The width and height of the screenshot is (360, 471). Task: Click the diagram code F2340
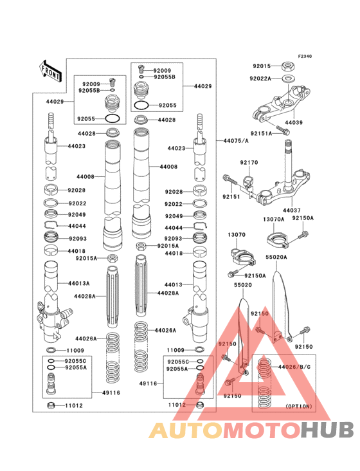point(304,57)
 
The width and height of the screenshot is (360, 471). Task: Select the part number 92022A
point(261,78)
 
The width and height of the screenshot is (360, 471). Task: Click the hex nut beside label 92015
point(288,66)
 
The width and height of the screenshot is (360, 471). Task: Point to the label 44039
point(293,122)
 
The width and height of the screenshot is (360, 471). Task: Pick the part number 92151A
point(260,133)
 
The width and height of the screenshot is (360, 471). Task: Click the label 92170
point(249,163)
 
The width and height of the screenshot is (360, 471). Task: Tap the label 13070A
point(273,219)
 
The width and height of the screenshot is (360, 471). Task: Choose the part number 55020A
point(278,256)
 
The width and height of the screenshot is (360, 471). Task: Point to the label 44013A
point(79,282)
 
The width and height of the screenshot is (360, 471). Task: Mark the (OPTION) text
point(298,407)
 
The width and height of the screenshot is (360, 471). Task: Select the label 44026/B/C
point(294,367)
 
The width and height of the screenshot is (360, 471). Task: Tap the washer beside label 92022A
point(289,78)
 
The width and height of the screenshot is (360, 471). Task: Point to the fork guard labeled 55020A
point(279,302)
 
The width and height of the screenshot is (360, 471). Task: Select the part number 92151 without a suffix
point(231,196)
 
